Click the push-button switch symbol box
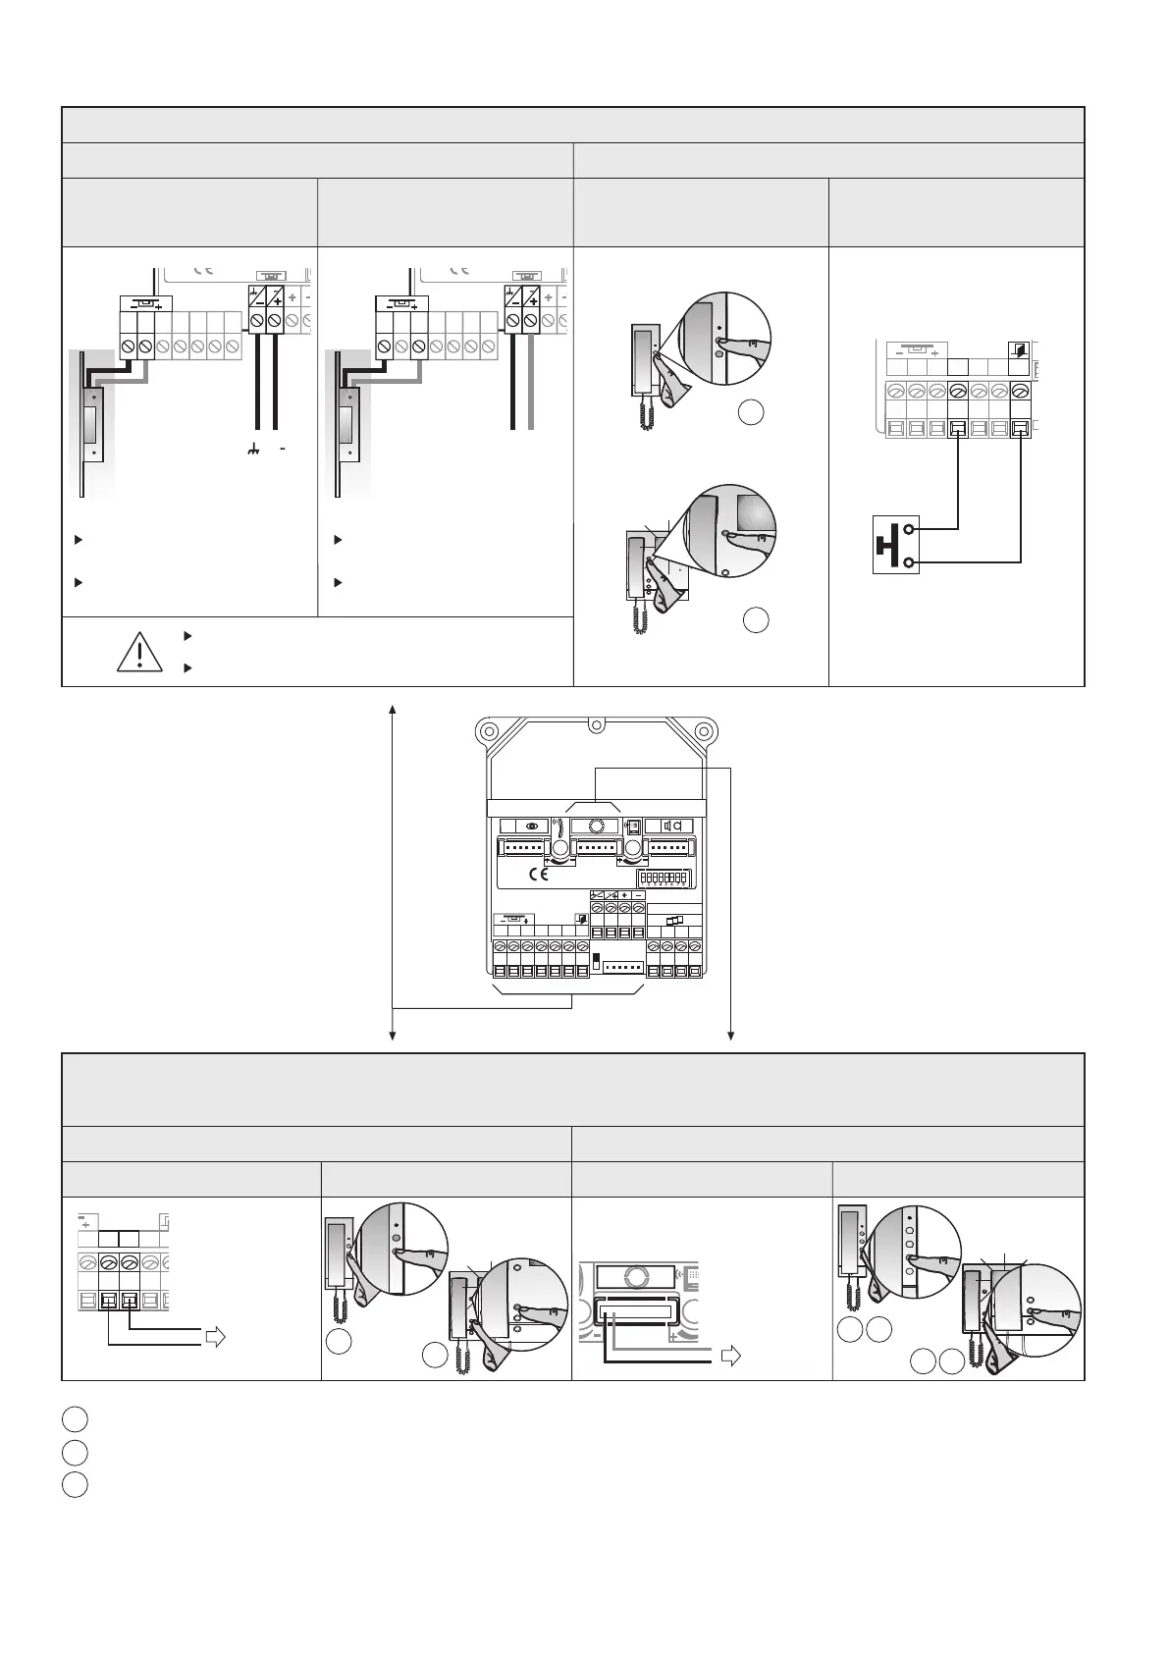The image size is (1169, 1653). pos(896,545)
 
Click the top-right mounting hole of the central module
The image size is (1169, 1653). pos(703,731)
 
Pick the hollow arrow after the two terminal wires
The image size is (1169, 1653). pos(214,1336)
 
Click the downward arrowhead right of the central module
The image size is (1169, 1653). pos(732,1033)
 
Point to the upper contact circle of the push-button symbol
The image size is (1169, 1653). pos(911,529)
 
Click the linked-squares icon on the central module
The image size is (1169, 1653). pos(674,921)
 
